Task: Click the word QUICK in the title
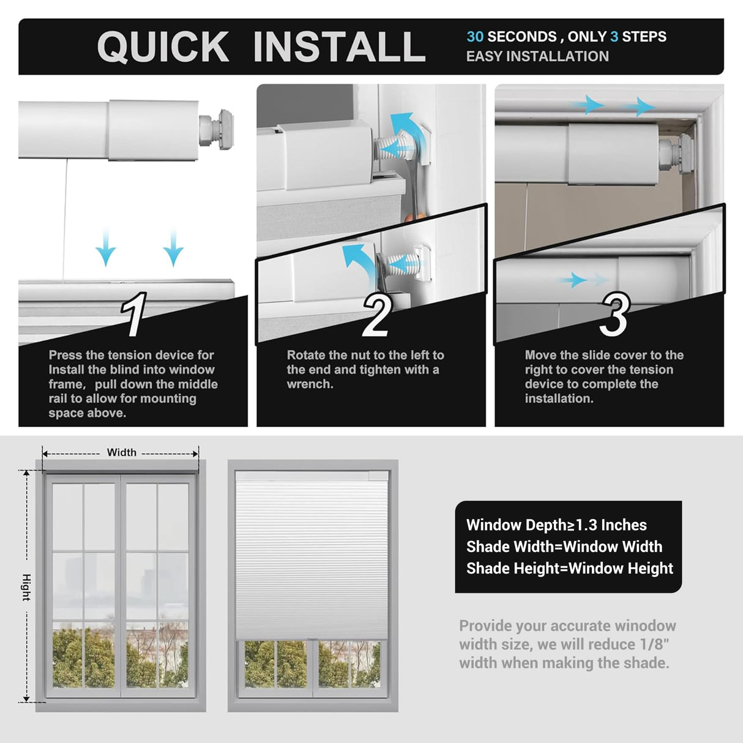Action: (163, 47)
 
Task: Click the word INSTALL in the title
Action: (339, 47)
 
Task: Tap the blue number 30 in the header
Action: (475, 37)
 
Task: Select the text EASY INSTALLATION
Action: (537, 56)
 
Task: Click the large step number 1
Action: (135, 315)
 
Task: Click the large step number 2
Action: (375, 316)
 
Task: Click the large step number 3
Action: (614, 315)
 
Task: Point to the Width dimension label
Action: (121, 452)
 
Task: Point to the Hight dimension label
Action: (26, 587)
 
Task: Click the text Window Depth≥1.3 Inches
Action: (556, 525)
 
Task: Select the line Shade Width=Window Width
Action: (564, 547)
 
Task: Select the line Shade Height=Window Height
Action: (569, 569)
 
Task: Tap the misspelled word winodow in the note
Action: (645, 626)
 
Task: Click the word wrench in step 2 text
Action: (309, 384)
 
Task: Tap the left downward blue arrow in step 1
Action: (106, 247)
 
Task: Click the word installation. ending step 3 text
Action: (559, 398)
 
